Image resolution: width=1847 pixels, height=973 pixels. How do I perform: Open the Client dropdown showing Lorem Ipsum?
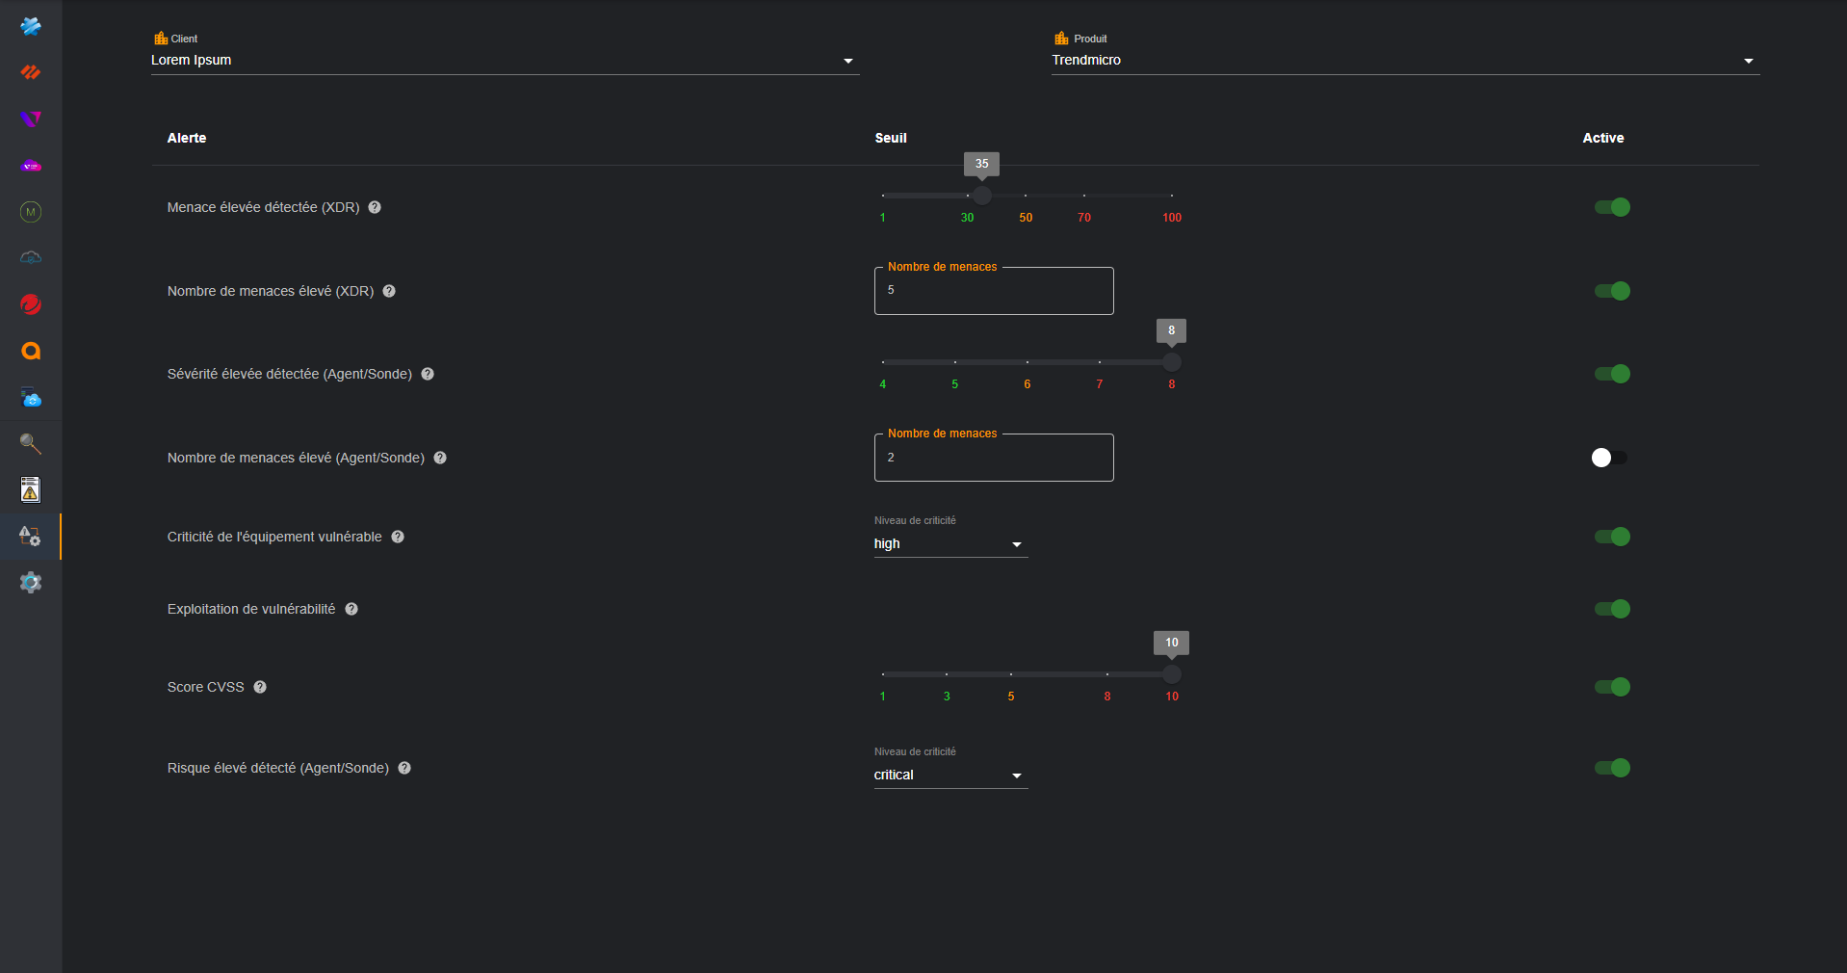coord(505,60)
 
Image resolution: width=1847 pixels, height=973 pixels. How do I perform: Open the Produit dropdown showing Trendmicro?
coord(1405,60)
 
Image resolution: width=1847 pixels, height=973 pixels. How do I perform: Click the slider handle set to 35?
coord(981,196)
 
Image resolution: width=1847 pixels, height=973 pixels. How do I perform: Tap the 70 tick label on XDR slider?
coord(1084,218)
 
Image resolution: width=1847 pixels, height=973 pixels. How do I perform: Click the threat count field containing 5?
coord(994,291)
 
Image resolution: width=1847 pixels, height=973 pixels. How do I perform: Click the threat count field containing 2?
coord(994,458)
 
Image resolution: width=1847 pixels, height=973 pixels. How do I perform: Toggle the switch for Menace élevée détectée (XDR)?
coord(1612,207)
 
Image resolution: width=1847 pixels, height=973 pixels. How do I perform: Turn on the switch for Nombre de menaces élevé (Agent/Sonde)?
coord(1610,458)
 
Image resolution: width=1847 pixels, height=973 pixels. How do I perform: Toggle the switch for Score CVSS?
coord(1612,687)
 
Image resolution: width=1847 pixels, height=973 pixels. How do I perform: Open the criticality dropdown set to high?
coord(950,544)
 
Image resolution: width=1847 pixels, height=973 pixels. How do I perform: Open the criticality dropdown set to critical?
coord(950,776)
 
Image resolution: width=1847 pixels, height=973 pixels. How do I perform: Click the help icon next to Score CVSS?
coord(260,687)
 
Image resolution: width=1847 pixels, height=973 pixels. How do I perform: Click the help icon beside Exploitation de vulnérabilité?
coord(351,609)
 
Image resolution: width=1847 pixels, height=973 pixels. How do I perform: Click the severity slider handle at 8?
coord(1171,362)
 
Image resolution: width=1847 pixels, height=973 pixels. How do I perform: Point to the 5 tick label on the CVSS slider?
coord(1011,697)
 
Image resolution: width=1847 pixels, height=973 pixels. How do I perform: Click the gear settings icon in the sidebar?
coord(31,583)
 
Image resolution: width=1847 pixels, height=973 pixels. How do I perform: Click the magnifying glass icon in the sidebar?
coord(31,443)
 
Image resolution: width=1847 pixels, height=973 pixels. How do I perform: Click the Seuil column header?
coord(891,138)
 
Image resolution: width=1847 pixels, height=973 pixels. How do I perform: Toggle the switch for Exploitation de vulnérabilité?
coord(1612,609)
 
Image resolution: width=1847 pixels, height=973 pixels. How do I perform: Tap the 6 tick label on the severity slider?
coord(1028,384)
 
